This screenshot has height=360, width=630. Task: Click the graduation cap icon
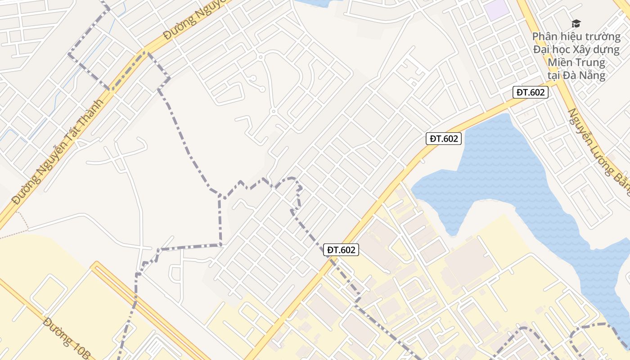tap(576, 23)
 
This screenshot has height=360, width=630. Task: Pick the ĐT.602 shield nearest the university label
tap(531, 93)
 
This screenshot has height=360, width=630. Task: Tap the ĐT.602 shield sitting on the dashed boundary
tap(341, 250)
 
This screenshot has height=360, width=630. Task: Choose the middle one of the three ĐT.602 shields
tap(444, 139)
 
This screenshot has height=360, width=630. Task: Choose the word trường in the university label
tap(603, 36)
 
